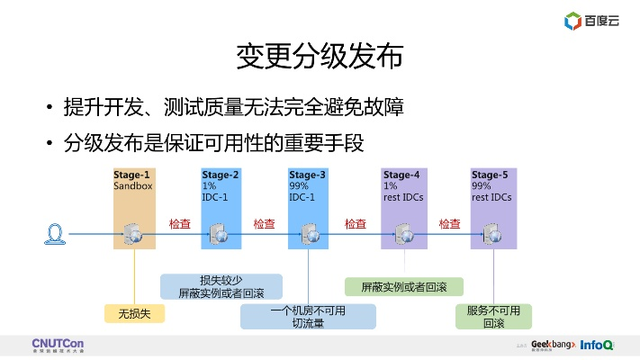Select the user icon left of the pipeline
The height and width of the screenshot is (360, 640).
[56, 234]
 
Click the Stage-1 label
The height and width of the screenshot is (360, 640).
[132, 175]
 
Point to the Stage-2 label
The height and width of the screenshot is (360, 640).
[221, 175]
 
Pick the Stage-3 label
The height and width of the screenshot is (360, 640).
[307, 175]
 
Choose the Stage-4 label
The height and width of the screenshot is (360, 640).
[401, 175]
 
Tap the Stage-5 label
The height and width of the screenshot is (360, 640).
[490, 175]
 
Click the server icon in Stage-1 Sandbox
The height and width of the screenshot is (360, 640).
[134, 234]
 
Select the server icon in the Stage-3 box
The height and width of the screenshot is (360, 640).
[309, 234]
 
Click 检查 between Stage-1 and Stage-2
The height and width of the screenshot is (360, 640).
[180, 223]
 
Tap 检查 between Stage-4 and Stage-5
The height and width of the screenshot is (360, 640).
[450, 223]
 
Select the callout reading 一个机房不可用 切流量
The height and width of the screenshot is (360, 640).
[308, 316]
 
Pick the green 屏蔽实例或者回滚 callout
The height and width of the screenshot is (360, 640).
[404, 287]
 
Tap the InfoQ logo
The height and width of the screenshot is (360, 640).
[597, 345]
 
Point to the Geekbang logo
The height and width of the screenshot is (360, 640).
[553, 345]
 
